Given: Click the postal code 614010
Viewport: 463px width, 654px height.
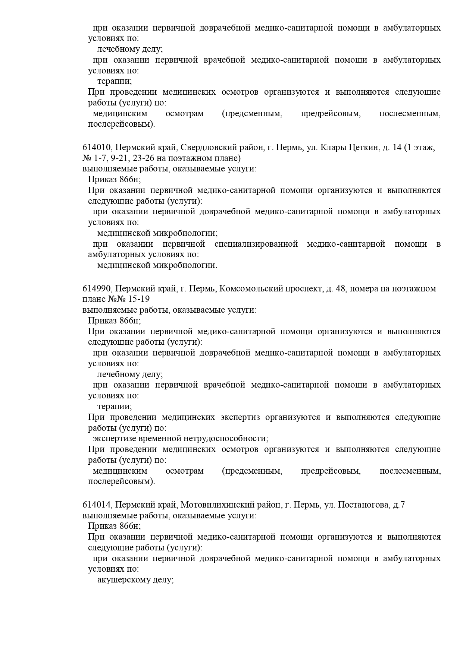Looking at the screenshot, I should coord(96,147).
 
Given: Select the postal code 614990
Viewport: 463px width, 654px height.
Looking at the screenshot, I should coord(96,288).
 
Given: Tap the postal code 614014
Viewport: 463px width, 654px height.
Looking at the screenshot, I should coord(96,505).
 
